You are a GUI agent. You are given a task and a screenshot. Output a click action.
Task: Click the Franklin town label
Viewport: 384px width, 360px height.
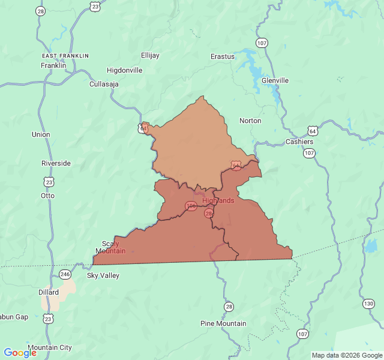pos(53,65)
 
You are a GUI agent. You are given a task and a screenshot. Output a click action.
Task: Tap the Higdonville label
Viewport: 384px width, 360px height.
pos(125,70)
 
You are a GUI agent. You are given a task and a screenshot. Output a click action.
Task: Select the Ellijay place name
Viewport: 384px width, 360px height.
pos(150,55)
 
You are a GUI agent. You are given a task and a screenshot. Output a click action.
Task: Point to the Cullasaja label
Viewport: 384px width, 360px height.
pos(104,84)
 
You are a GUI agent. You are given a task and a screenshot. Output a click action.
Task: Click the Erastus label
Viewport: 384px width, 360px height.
pos(223,56)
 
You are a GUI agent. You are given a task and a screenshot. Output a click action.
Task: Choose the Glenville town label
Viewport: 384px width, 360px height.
pos(275,80)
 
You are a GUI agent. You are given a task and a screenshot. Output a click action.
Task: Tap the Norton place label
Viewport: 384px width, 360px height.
pos(250,121)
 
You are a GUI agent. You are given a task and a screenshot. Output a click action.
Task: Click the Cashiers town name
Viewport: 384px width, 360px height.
pos(299,142)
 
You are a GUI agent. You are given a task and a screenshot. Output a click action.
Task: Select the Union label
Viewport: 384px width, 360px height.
pos(41,134)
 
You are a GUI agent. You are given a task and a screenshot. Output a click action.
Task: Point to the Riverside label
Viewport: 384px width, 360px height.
pos(56,163)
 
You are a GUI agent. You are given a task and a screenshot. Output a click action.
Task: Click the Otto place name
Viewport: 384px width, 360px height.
pos(47,196)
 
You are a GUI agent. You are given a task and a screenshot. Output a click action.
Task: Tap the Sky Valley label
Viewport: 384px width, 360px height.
pos(103,276)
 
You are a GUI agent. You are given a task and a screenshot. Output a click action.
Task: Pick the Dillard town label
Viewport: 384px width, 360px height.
pos(49,292)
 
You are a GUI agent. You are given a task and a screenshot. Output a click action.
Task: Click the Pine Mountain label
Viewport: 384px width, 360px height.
pos(223,323)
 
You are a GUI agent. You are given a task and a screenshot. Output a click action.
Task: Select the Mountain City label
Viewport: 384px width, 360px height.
pos(50,347)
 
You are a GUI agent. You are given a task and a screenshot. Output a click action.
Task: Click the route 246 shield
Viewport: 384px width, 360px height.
pos(65,274)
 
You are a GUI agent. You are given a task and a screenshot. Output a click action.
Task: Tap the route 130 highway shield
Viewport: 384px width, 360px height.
pos(368,304)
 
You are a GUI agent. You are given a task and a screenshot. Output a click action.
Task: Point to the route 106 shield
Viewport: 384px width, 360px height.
pos(191,206)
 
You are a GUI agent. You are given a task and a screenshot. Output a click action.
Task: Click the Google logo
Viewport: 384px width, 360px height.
pos(20,353)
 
